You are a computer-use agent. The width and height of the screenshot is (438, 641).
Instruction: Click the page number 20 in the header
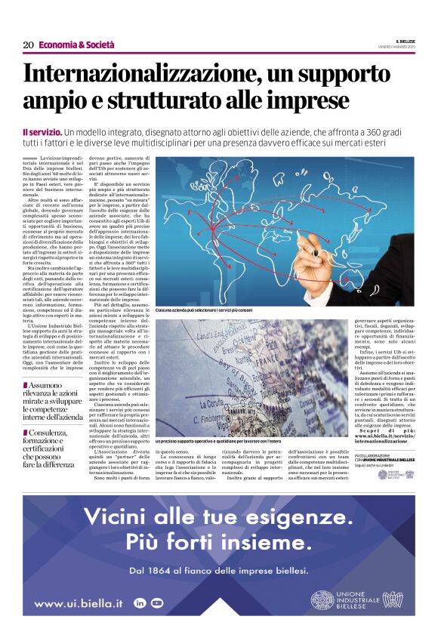pos(27,45)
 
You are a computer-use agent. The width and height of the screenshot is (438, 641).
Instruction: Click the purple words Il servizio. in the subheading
pos(42,133)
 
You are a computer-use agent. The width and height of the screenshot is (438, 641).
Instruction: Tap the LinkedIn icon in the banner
pos(140,602)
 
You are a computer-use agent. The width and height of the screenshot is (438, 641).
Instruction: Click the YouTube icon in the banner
pos(156,602)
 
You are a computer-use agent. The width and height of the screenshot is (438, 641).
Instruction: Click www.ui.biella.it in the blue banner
pos(79,603)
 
